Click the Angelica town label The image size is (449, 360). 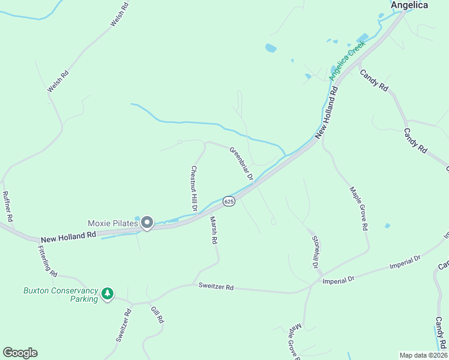point(409,5)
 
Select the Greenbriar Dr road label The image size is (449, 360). point(241,164)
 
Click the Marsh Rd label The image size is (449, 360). point(212,230)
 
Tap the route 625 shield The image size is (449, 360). point(229,202)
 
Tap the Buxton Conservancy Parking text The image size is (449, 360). point(61,295)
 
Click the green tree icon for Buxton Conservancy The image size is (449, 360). point(107,294)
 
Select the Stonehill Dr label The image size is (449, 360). point(314,251)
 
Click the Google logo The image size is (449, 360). point(20,353)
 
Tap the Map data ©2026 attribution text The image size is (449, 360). point(423,355)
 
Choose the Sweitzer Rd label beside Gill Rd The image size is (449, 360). point(124,325)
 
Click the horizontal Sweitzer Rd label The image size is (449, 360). point(216,287)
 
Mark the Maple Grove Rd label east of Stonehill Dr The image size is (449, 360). point(359,209)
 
